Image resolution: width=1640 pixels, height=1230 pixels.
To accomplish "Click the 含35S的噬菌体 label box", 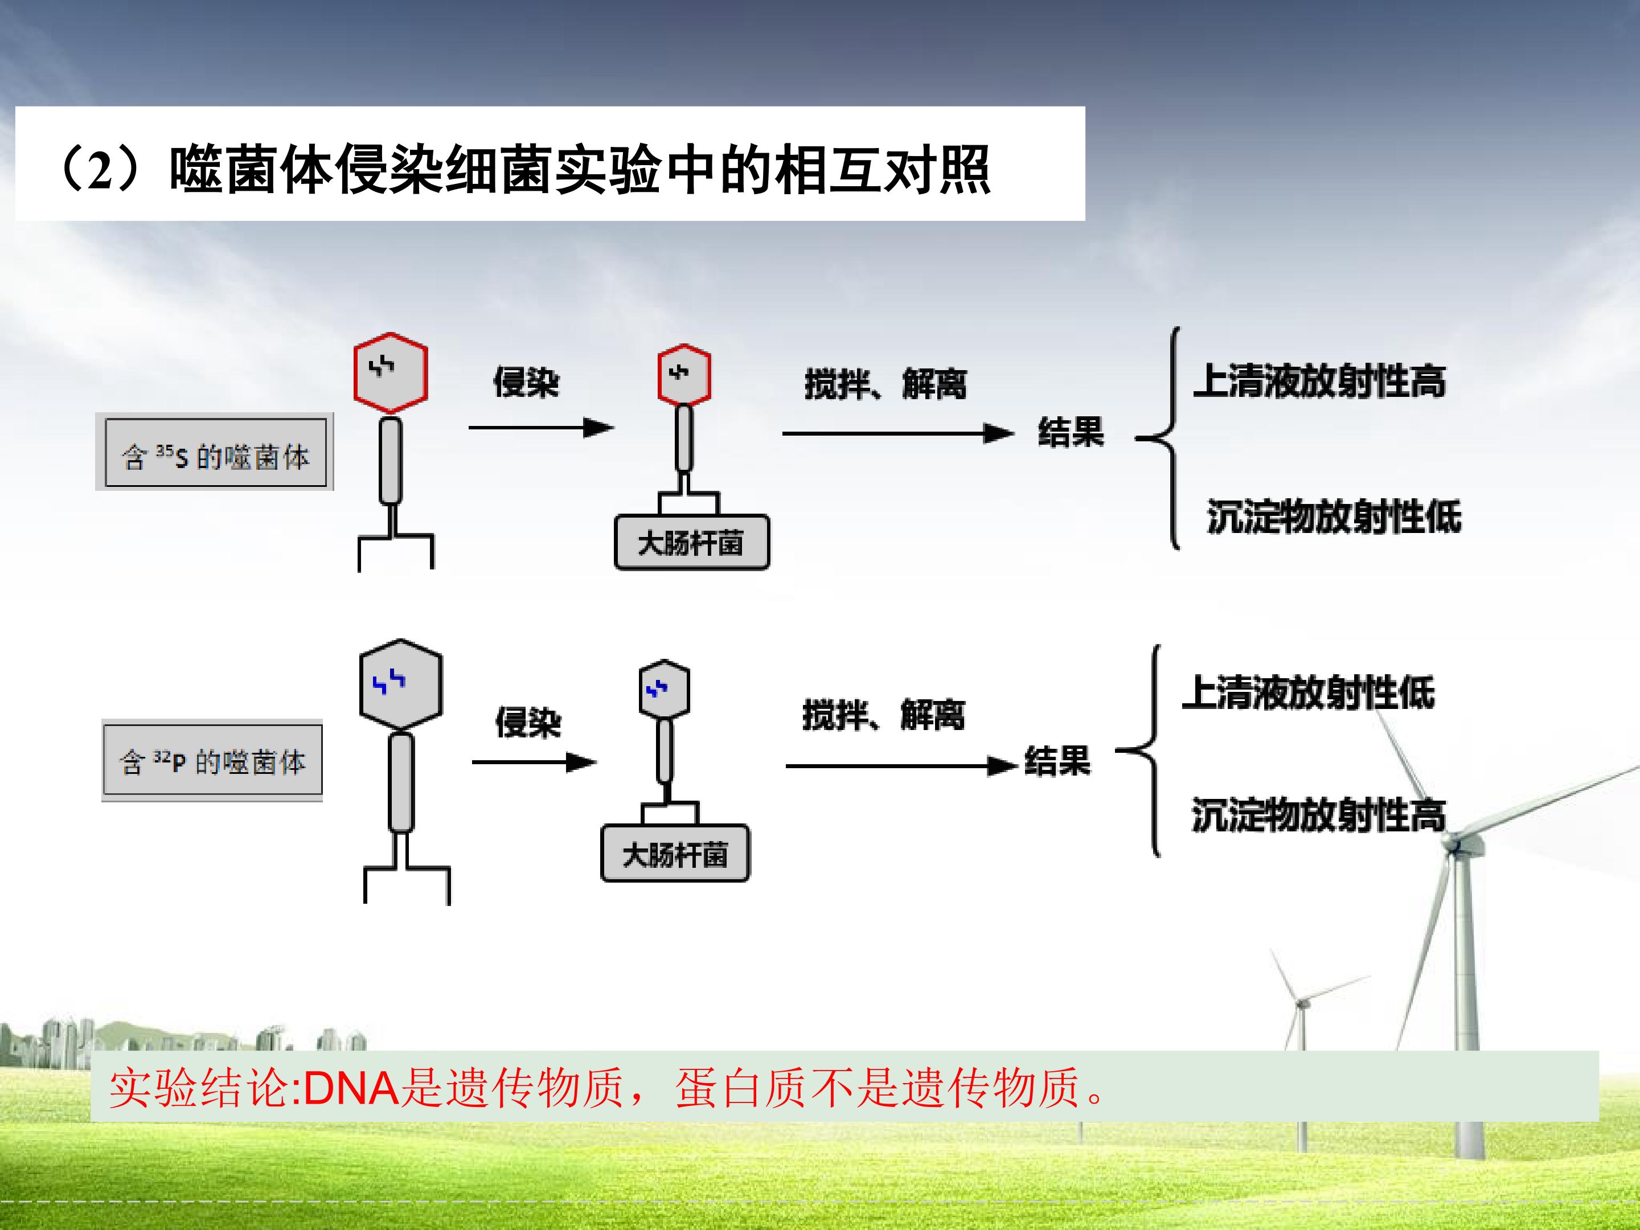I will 215,453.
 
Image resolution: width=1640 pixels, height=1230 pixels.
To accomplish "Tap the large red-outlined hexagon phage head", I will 391,373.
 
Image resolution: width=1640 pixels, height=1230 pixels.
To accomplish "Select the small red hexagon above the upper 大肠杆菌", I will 683,375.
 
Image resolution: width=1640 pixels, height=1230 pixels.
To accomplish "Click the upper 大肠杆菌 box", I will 692,543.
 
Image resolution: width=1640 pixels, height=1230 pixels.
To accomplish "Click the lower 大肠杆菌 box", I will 675,854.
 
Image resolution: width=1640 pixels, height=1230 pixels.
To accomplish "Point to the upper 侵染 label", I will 526,383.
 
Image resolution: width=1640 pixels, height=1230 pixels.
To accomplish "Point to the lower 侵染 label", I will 528,722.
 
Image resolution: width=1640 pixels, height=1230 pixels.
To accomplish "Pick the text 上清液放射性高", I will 1319,382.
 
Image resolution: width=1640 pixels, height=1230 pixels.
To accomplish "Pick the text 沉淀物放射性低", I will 1334,516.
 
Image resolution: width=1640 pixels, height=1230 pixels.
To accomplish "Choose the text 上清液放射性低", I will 1308,693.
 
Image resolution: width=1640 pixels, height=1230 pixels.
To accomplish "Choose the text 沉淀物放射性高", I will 1318,815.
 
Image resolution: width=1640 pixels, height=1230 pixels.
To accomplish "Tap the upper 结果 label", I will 1071,432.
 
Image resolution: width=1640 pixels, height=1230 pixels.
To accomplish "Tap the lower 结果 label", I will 1057,761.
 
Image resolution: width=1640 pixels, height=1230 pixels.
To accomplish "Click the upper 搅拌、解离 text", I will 885,384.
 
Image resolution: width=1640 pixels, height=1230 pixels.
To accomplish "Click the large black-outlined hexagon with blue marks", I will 400,683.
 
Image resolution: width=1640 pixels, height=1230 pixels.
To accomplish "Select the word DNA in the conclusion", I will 351,1088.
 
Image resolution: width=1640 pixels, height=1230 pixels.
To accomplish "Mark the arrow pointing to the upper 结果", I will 897,433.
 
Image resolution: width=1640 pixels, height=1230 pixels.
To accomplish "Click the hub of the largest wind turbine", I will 1455,844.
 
